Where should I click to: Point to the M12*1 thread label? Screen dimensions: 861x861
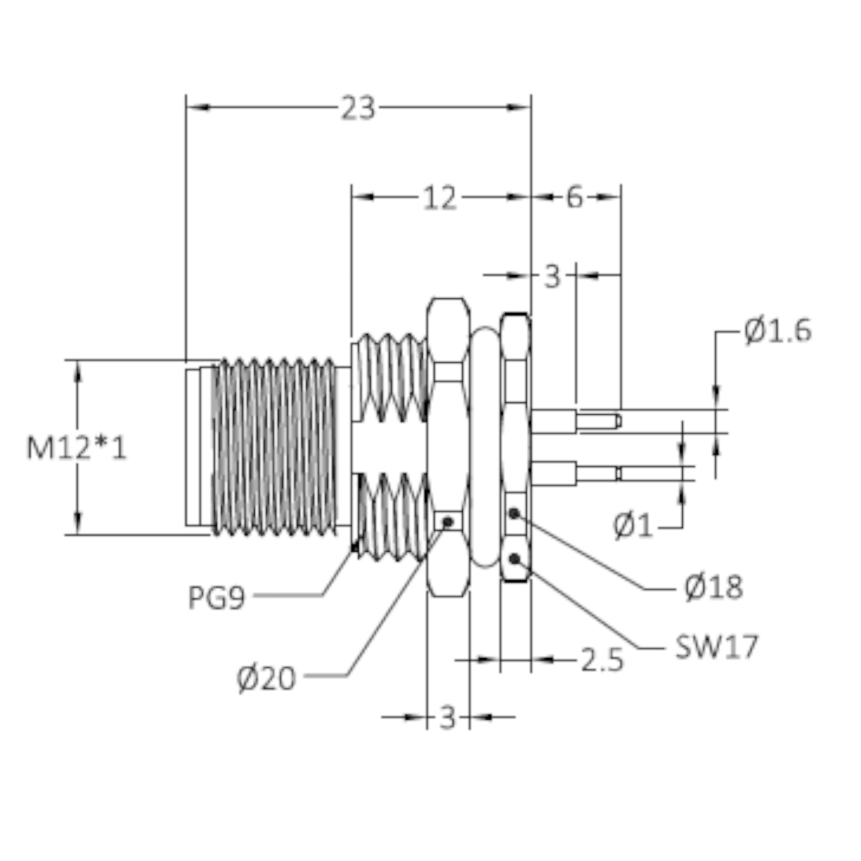pos(77,448)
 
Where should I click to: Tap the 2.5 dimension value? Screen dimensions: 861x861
pos(602,660)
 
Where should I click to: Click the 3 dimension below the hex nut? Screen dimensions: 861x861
pos(448,717)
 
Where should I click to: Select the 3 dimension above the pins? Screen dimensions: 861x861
pos(552,277)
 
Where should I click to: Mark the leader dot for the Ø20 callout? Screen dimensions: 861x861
pos(448,521)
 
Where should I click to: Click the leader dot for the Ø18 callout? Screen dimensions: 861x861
pos(514,513)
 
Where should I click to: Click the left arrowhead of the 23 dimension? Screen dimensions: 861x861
pos(198,107)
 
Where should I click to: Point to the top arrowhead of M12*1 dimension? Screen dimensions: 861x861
pos(79,372)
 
